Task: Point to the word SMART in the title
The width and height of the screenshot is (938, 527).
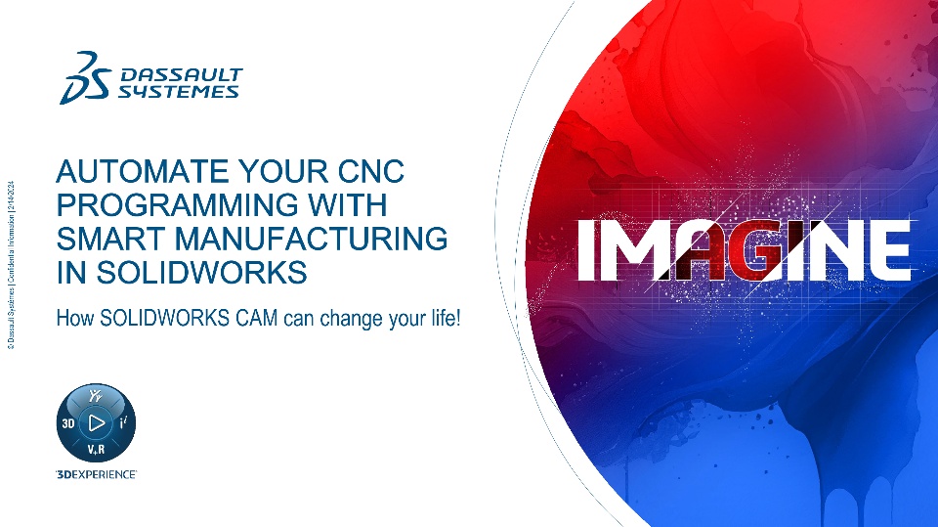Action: (110, 239)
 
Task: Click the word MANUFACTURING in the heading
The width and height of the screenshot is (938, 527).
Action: (311, 239)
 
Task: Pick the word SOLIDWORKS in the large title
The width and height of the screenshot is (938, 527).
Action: (201, 272)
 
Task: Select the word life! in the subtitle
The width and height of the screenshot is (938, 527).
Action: (447, 318)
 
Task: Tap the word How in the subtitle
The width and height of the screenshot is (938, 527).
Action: (75, 318)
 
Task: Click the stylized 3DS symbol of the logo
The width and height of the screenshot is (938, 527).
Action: (86, 78)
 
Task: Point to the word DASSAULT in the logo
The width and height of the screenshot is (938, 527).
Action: (182, 75)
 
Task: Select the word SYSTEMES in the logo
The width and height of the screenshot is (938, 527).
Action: (178, 91)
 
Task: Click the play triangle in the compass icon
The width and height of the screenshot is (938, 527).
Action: (97, 422)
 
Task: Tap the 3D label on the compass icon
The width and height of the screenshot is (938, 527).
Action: (68, 423)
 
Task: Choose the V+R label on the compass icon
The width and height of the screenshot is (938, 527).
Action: (96, 449)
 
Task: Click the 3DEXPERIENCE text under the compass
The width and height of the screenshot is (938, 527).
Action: (96, 474)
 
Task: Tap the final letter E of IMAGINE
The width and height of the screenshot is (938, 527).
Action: (889, 249)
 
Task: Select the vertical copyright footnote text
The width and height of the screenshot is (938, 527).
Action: (12, 264)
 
